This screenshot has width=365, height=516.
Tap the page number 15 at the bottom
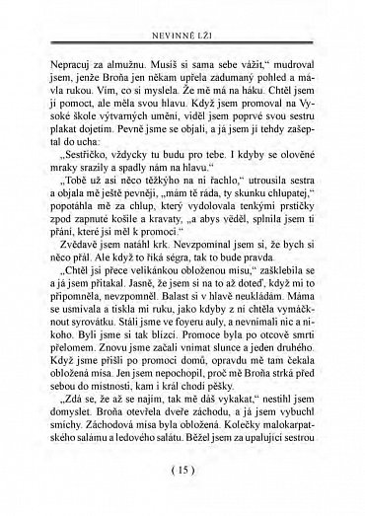pos(183,494)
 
